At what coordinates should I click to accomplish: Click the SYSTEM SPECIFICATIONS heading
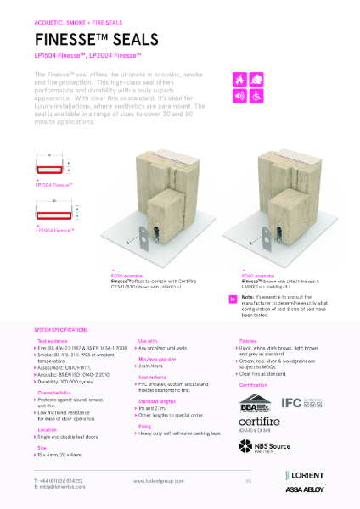(64, 327)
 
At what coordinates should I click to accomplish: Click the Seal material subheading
(154, 376)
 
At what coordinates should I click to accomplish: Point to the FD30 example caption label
(135, 275)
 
